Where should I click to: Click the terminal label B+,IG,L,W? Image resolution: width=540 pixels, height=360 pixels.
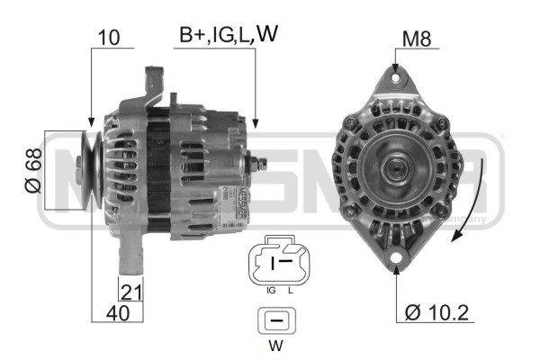(227, 35)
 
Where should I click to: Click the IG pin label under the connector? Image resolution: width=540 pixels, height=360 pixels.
(271, 290)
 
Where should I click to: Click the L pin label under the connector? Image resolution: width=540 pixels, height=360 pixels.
(291, 290)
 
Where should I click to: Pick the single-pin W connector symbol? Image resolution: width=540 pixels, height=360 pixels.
(277, 320)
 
